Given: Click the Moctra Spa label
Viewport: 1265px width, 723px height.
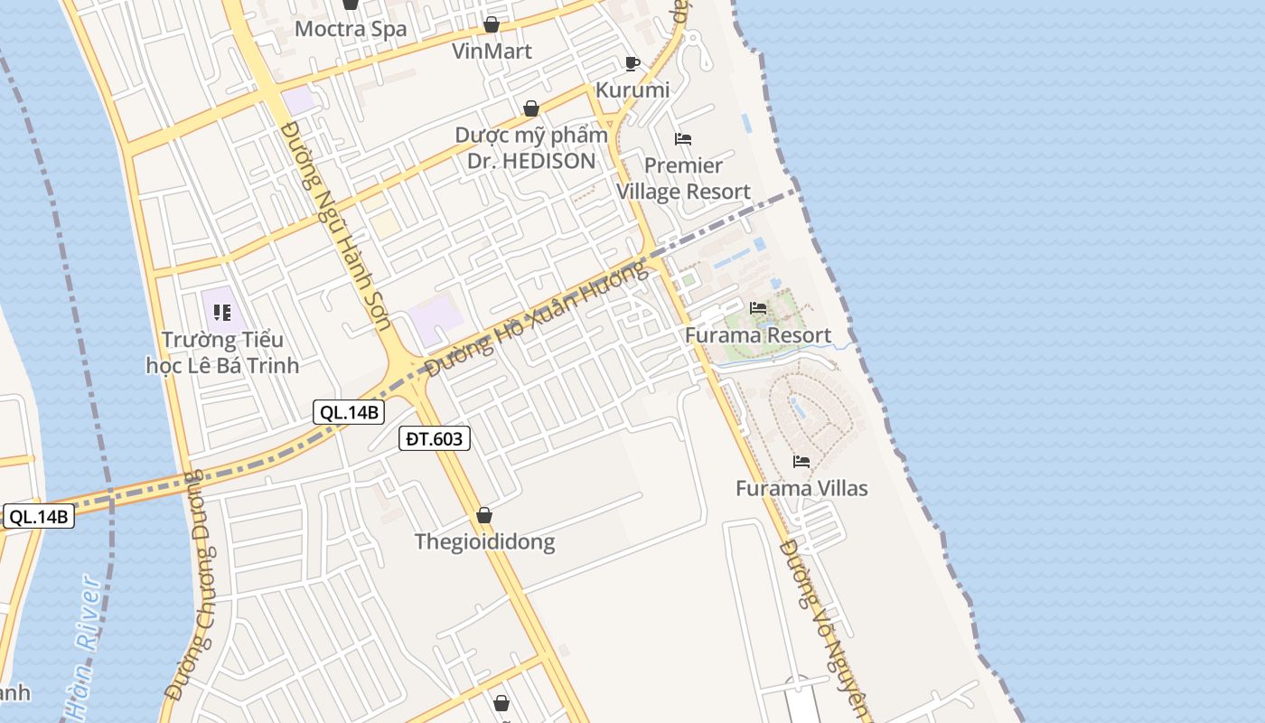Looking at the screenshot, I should [x=351, y=29].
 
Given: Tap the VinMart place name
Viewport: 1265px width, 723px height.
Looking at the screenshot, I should [x=492, y=51].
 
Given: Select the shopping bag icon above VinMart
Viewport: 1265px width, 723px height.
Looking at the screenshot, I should [x=491, y=24].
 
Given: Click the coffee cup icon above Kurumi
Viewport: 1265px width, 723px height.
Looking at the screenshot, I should [x=632, y=63].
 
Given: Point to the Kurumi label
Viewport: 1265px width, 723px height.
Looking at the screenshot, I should [x=632, y=89].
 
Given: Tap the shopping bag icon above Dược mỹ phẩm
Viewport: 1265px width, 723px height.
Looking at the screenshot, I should [x=531, y=108].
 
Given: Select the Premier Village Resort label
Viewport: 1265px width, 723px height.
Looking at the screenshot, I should [x=683, y=178].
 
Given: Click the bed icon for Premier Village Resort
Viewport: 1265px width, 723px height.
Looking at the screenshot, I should [x=683, y=139].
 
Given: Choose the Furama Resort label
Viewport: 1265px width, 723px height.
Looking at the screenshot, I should [x=758, y=335].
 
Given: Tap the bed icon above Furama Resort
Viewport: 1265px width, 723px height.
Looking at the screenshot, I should [x=758, y=308].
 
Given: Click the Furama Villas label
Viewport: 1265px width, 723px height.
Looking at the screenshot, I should [x=801, y=488].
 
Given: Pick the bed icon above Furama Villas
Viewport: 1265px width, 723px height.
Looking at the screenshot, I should [x=801, y=462].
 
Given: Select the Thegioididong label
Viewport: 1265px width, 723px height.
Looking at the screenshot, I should [x=484, y=541].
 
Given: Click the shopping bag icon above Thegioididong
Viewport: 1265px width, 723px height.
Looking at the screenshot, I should [x=484, y=515].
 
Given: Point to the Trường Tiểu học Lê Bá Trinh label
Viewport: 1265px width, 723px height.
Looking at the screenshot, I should [x=222, y=352].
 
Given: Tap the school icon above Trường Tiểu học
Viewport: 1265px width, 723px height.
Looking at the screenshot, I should [x=222, y=314].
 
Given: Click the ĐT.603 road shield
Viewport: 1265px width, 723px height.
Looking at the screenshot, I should [x=435, y=439].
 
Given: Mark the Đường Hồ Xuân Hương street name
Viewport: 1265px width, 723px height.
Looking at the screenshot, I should [x=538, y=319].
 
